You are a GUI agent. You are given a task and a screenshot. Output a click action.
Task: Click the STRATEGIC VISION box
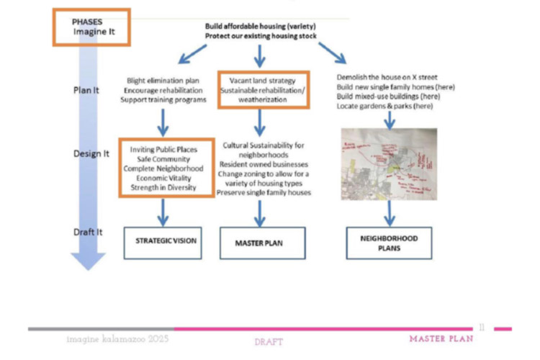[x=164, y=242]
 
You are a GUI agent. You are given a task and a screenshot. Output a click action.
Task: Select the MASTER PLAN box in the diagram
[x=259, y=243]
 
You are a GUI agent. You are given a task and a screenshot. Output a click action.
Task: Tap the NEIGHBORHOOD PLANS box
[x=389, y=242]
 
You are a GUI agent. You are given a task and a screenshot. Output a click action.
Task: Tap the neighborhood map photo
[x=390, y=163]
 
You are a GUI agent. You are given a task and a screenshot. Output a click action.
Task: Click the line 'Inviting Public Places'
[x=166, y=149]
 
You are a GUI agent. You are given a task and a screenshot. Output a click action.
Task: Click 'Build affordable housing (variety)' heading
[x=260, y=26]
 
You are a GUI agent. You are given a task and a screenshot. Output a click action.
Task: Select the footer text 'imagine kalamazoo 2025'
[x=116, y=338]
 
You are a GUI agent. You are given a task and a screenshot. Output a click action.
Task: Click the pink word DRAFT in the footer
[x=269, y=341]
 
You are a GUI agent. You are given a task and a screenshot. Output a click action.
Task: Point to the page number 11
[x=481, y=328]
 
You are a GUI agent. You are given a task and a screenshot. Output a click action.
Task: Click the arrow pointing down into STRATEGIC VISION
[x=164, y=212]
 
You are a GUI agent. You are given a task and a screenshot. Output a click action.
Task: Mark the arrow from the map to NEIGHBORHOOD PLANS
[x=390, y=213]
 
